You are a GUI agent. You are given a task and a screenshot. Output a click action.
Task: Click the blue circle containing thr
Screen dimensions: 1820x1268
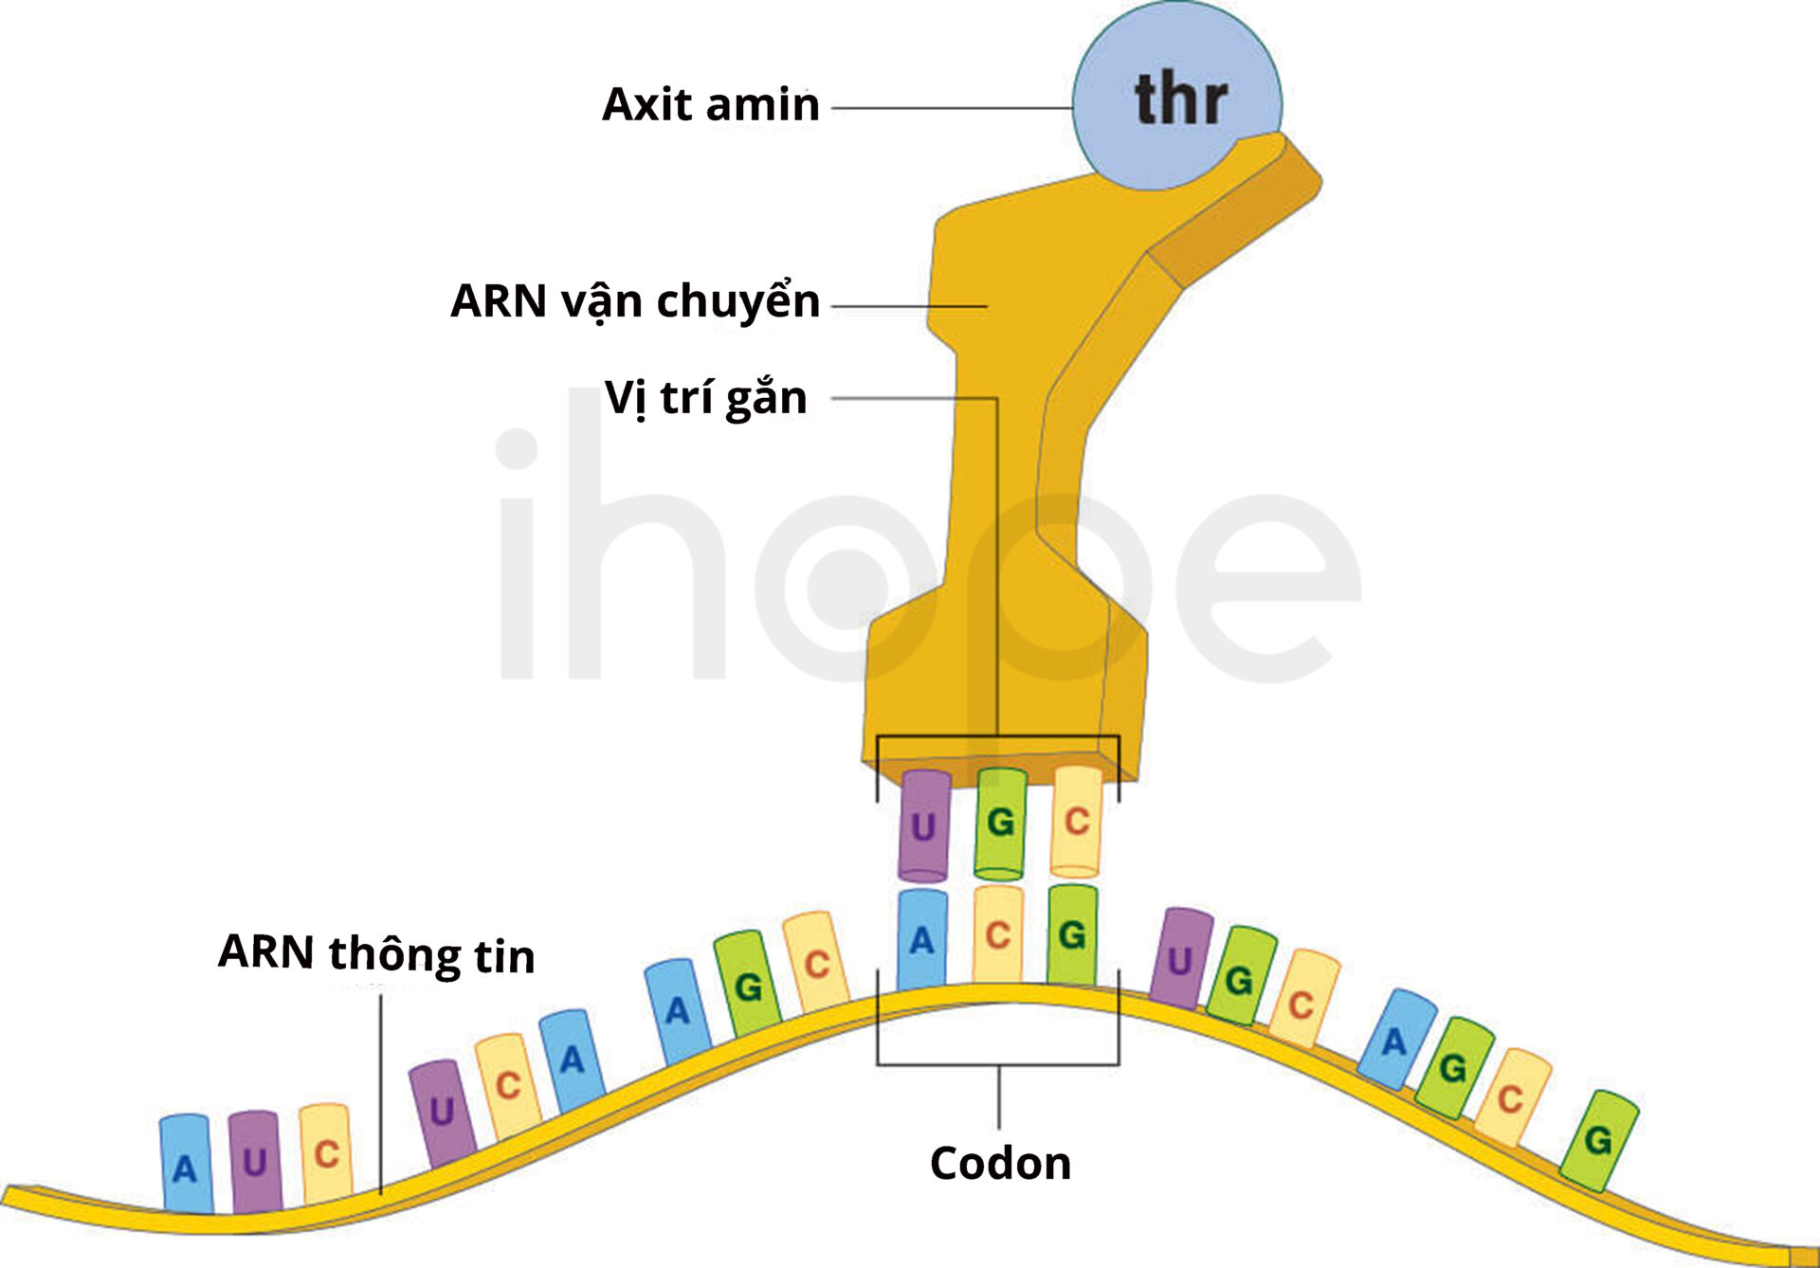click(x=1176, y=97)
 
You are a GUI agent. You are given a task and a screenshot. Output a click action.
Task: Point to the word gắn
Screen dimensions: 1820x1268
click(x=766, y=398)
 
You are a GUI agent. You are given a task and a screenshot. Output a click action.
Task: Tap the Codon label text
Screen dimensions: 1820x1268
click(x=1000, y=1164)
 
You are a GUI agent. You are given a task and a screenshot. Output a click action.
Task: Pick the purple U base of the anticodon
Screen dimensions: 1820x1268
click(x=924, y=824)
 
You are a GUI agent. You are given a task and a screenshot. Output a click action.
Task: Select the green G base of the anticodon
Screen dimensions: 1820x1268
click(x=1000, y=823)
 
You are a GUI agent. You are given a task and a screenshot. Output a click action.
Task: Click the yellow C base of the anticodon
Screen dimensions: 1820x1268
click(x=1076, y=821)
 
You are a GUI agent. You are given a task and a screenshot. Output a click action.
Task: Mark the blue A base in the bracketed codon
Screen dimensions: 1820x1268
click(x=922, y=939)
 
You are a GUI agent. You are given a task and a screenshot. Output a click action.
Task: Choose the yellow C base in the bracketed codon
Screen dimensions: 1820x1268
click(x=998, y=934)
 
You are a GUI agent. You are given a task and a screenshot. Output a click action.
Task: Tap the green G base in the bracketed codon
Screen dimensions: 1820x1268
click(x=1072, y=934)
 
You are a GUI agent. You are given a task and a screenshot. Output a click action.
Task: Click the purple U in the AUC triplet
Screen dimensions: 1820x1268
click(x=255, y=1162)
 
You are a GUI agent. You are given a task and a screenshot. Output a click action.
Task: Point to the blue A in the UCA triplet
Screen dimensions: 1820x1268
click(x=572, y=1060)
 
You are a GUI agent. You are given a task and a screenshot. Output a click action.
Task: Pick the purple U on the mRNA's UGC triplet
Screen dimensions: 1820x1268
click(x=1180, y=959)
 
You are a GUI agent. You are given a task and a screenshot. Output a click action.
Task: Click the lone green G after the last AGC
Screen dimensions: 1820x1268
click(x=1599, y=1140)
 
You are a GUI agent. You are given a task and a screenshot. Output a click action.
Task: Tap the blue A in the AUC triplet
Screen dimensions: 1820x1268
click(x=185, y=1165)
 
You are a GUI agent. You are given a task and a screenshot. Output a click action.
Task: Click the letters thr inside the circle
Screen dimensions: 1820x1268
click(x=1181, y=99)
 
